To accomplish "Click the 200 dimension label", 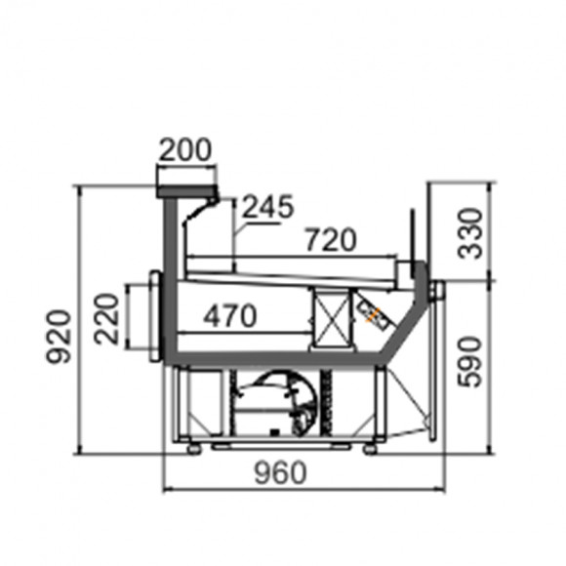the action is pyautogui.click(x=184, y=149).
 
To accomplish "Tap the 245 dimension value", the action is pyautogui.click(x=267, y=207).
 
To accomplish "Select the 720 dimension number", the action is pyautogui.click(x=331, y=239).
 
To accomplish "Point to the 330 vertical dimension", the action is pyautogui.click(x=470, y=233).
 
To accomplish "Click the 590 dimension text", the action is pyautogui.click(x=469, y=362).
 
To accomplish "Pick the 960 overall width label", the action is pyautogui.click(x=280, y=473).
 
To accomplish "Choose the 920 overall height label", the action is pyautogui.click(x=59, y=337).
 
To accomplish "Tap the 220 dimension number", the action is pyautogui.click(x=106, y=319).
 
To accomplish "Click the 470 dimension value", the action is pyautogui.click(x=230, y=316).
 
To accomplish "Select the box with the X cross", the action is pyautogui.click(x=332, y=319).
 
